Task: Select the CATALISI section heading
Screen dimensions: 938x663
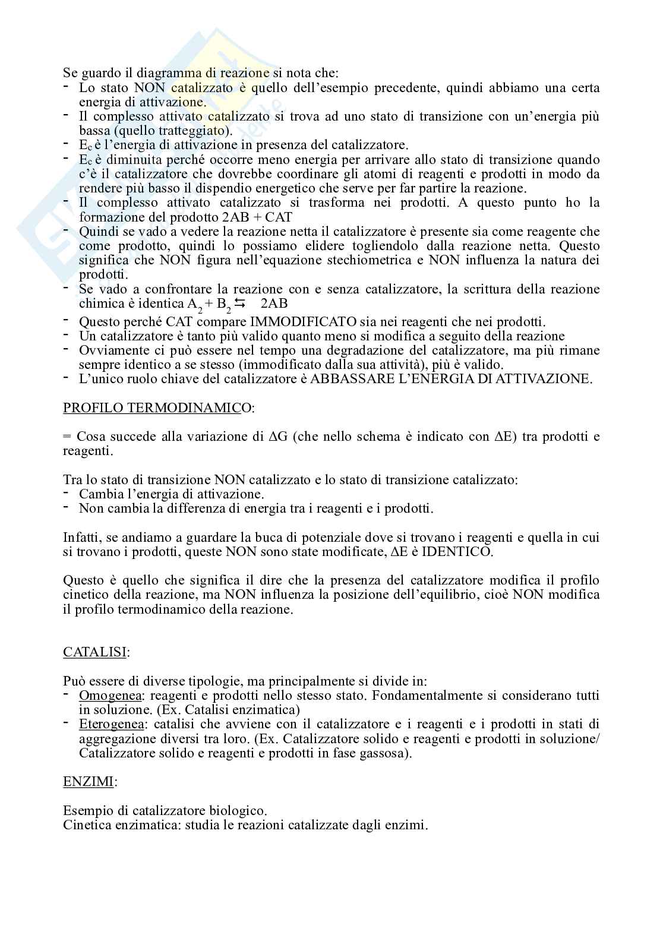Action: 95,652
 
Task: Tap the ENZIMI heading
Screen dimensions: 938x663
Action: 89,781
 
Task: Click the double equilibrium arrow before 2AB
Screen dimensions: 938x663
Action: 240,304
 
